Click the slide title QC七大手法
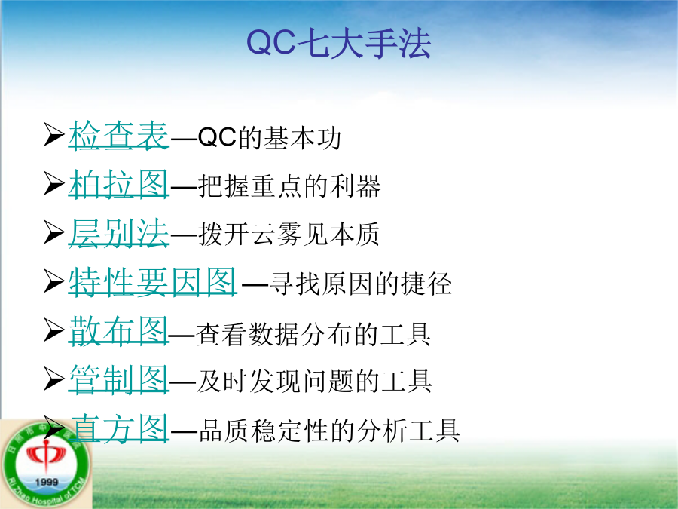click(x=338, y=43)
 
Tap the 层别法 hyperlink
click(x=118, y=233)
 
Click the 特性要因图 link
click(x=153, y=282)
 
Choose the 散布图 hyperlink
click(x=118, y=331)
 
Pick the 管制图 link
click(x=118, y=379)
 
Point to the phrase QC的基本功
click(x=270, y=138)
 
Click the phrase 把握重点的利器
click(x=289, y=186)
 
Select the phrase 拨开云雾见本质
click(x=289, y=235)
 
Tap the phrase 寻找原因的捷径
click(x=361, y=284)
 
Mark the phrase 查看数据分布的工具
click(x=313, y=334)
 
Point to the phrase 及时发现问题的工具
click(x=314, y=381)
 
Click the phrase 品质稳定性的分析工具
click(x=329, y=431)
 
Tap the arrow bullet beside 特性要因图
click(x=53, y=281)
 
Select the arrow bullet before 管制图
click(x=53, y=379)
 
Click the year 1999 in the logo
click(x=46, y=482)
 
